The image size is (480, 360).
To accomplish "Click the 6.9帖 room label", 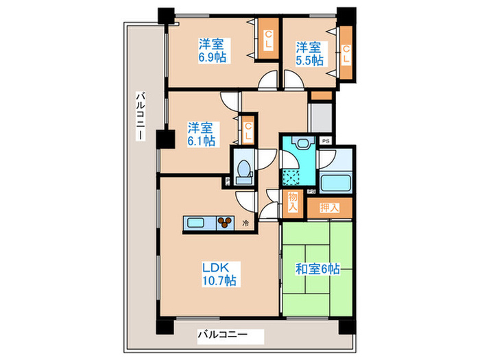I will tap(213, 51).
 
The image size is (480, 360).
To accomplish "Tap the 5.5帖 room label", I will tap(309, 53).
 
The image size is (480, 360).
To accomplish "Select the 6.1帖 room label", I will tap(202, 134).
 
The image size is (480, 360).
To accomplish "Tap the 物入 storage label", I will tap(293, 202).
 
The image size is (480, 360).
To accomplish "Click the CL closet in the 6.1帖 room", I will tap(248, 131).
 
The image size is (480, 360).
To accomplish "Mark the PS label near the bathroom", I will tap(326, 141).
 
